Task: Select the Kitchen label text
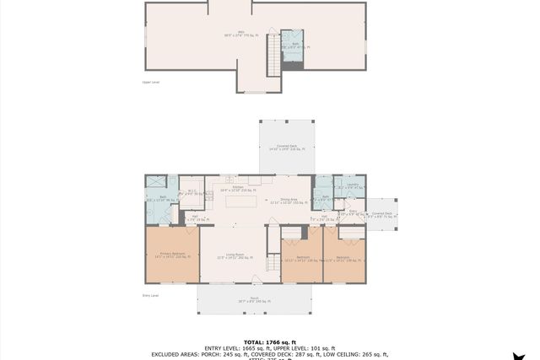coord(226,188)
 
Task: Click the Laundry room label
coord(353,185)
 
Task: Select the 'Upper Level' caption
coord(151,82)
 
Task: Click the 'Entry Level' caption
coord(151,295)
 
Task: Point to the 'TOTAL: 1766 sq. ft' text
coord(269,340)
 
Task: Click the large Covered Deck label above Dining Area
coord(287,148)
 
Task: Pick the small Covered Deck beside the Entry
coord(382,215)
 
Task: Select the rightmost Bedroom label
coord(343,258)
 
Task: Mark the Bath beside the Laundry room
coord(324,198)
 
